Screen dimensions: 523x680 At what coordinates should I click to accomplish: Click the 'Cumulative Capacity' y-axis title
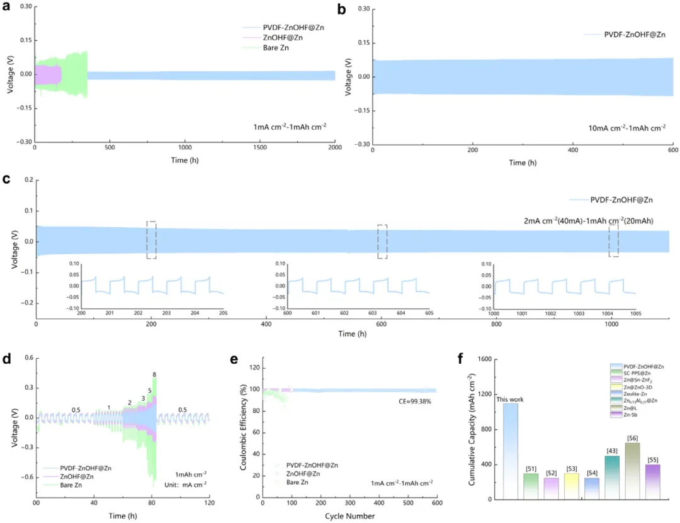[472, 429]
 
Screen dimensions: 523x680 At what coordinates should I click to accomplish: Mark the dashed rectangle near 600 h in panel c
[382, 242]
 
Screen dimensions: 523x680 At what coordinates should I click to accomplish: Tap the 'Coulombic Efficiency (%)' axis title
[242, 429]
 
